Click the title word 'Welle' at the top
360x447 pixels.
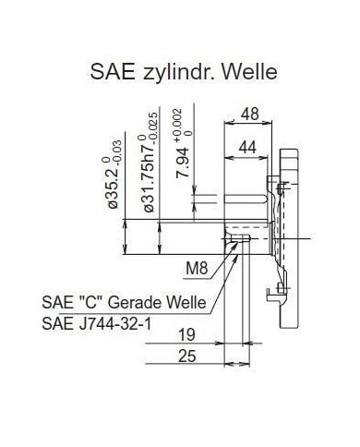click(249, 72)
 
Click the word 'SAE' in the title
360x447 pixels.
click(113, 72)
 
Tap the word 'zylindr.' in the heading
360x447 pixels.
click(178, 73)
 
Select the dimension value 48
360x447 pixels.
click(249, 114)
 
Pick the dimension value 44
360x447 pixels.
click(247, 147)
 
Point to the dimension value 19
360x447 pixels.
click(186, 334)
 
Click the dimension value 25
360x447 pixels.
click(186, 356)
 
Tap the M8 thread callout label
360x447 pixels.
click(197, 269)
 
